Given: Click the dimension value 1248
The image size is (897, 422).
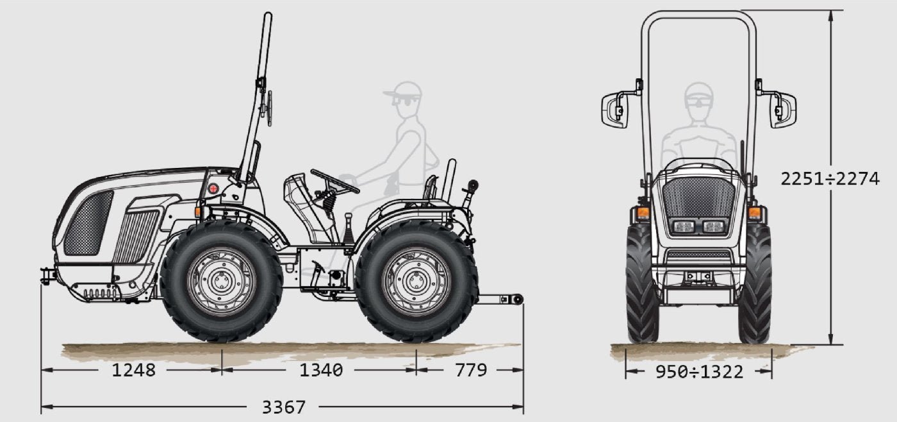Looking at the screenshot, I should click(x=134, y=370).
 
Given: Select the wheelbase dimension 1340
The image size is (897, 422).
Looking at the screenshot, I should click(x=321, y=370).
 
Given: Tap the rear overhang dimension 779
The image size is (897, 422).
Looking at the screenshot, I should click(x=471, y=370).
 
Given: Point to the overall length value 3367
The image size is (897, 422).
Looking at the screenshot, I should click(x=284, y=407).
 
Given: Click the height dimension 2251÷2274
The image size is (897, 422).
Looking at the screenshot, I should click(x=830, y=178).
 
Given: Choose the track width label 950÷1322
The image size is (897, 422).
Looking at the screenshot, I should click(x=699, y=371).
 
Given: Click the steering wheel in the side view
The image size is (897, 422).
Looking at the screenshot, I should click(x=334, y=181).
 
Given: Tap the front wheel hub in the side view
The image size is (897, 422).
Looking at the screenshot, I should click(x=221, y=280).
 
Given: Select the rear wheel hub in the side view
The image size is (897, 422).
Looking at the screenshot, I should click(x=416, y=281).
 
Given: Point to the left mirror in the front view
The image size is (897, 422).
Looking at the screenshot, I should click(x=614, y=110).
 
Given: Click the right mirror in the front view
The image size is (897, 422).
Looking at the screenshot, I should click(x=783, y=110).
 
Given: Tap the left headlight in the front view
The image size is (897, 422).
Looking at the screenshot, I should click(x=684, y=226).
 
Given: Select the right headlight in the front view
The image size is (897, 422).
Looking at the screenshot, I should click(x=714, y=226).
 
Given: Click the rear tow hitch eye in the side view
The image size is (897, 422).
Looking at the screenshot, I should click(x=515, y=300).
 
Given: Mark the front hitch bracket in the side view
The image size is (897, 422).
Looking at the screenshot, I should click(x=47, y=276).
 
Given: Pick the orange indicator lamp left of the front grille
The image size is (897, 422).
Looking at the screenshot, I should click(x=642, y=212).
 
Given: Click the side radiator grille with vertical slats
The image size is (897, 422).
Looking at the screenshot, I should click(x=136, y=236).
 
